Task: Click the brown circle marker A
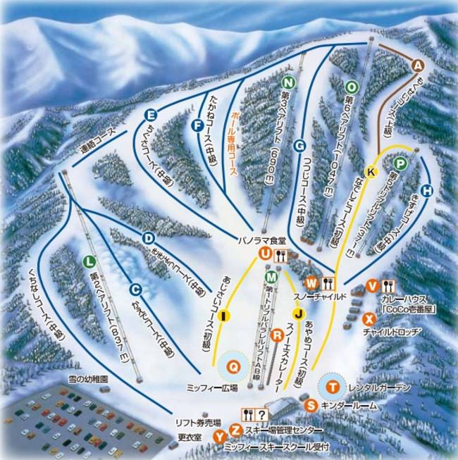click(x=417, y=66)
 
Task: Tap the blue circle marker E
click(x=150, y=116)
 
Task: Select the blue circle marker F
click(x=197, y=126)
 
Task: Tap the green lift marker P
click(x=400, y=165)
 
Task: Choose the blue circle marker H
click(x=426, y=190)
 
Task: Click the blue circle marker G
click(x=299, y=146)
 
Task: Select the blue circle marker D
click(x=148, y=237)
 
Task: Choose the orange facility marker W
click(x=312, y=282)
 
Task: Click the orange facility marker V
click(x=373, y=286)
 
